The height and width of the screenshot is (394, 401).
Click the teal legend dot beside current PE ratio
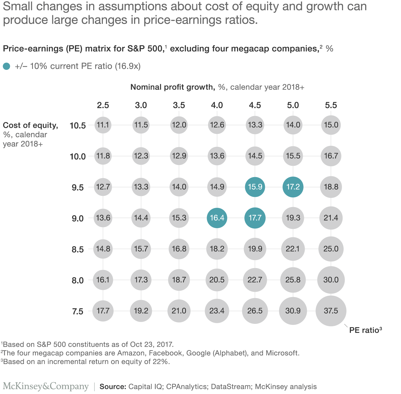click(7, 66)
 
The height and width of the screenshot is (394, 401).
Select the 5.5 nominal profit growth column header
click(331, 105)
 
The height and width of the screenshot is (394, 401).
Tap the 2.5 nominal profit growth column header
click(103, 105)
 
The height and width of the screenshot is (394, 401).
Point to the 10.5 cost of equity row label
click(78, 126)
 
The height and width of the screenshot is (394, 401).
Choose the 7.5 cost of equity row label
click(78, 312)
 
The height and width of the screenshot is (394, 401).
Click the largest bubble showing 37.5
click(331, 311)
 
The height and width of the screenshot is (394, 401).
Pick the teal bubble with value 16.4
click(217, 218)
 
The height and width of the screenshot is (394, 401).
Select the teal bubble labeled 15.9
click(255, 187)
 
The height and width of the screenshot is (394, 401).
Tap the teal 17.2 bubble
click(293, 187)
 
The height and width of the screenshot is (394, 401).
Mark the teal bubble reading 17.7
click(255, 218)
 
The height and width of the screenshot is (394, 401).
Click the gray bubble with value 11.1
click(103, 125)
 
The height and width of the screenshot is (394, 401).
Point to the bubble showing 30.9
click(293, 311)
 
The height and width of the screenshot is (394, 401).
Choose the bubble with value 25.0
click(331, 249)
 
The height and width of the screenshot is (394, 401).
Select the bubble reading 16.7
click(331, 156)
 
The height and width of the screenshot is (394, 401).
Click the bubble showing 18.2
click(217, 249)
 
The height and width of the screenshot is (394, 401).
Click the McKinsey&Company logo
click(46, 386)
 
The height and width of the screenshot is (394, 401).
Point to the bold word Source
click(113, 387)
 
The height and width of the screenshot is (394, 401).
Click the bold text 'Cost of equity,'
click(31, 125)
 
